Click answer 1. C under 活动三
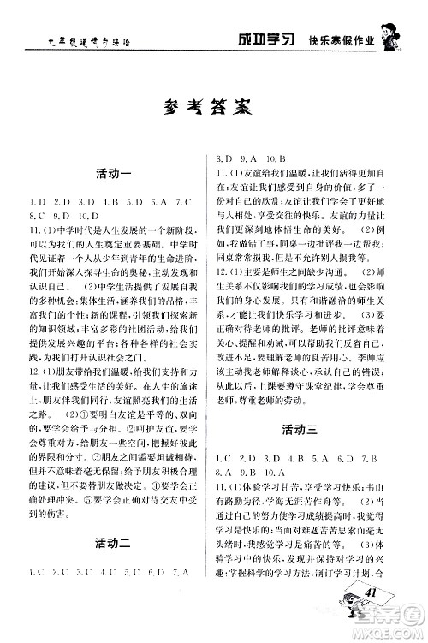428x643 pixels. [x=226, y=456]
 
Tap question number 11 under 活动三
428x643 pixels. [x=223, y=486]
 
